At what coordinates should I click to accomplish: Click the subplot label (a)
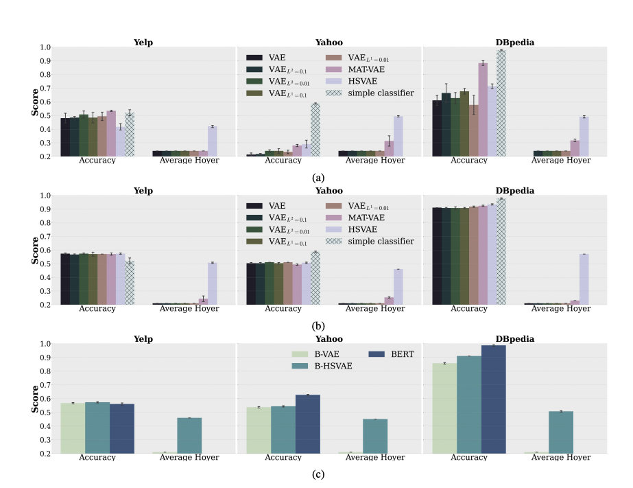click(318, 178)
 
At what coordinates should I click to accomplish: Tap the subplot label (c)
click(318, 474)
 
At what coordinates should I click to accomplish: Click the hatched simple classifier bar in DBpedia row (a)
click(501, 103)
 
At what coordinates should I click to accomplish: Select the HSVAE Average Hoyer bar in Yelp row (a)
click(212, 141)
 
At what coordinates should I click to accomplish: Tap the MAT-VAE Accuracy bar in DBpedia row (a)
click(483, 109)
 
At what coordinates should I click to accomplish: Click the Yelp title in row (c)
click(143, 338)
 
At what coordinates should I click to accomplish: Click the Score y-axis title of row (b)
click(35, 251)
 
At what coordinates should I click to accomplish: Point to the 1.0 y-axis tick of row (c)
click(45, 344)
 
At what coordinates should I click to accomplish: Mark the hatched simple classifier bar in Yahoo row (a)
click(315, 130)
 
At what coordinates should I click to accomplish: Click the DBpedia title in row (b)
click(514, 190)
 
